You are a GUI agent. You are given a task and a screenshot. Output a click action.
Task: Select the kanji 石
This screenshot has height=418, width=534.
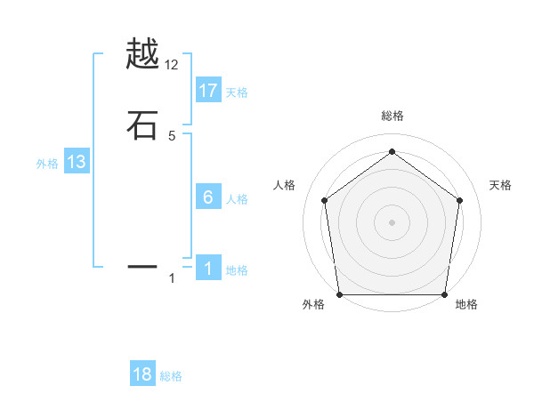(x=142, y=125)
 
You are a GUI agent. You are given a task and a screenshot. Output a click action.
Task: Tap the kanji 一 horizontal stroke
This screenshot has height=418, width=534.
(x=142, y=265)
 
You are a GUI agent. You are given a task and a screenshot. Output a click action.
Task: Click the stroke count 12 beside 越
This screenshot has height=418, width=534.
(x=172, y=65)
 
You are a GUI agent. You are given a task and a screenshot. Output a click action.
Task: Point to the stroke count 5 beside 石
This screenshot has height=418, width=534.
(x=172, y=136)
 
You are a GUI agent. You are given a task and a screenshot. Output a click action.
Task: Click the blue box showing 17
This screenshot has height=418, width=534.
(x=208, y=91)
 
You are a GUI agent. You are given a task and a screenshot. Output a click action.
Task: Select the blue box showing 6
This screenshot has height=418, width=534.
(x=208, y=197)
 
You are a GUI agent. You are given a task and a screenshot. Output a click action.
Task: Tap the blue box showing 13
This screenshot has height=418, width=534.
(x=77, y=162)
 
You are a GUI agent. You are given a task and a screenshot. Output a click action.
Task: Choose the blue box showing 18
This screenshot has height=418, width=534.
(x=142, y=374)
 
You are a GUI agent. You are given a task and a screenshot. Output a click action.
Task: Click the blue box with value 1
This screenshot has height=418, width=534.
(x=208, y=269)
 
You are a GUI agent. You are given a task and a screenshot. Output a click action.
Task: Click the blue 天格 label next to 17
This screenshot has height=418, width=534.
(x=237, y=92)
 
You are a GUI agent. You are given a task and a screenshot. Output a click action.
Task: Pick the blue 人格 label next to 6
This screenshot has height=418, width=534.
(x=237, y=199)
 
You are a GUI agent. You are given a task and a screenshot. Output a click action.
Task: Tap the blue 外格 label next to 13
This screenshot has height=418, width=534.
(x=47, y=164)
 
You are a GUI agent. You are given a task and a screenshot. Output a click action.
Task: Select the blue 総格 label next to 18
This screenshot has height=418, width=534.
(x=171, y=376)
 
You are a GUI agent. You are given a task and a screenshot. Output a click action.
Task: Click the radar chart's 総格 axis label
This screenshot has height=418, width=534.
(x=392, y=116)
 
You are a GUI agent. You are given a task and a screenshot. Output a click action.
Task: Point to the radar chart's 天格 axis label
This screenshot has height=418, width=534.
(x=500, y=185)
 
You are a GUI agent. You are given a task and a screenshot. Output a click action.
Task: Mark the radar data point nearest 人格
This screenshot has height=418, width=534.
(x=324, y=200)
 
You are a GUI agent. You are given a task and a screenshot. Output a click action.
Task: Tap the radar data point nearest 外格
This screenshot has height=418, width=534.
(x=339, y=294)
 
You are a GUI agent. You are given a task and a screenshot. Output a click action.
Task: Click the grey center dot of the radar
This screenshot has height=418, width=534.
(x=392, y=222)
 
